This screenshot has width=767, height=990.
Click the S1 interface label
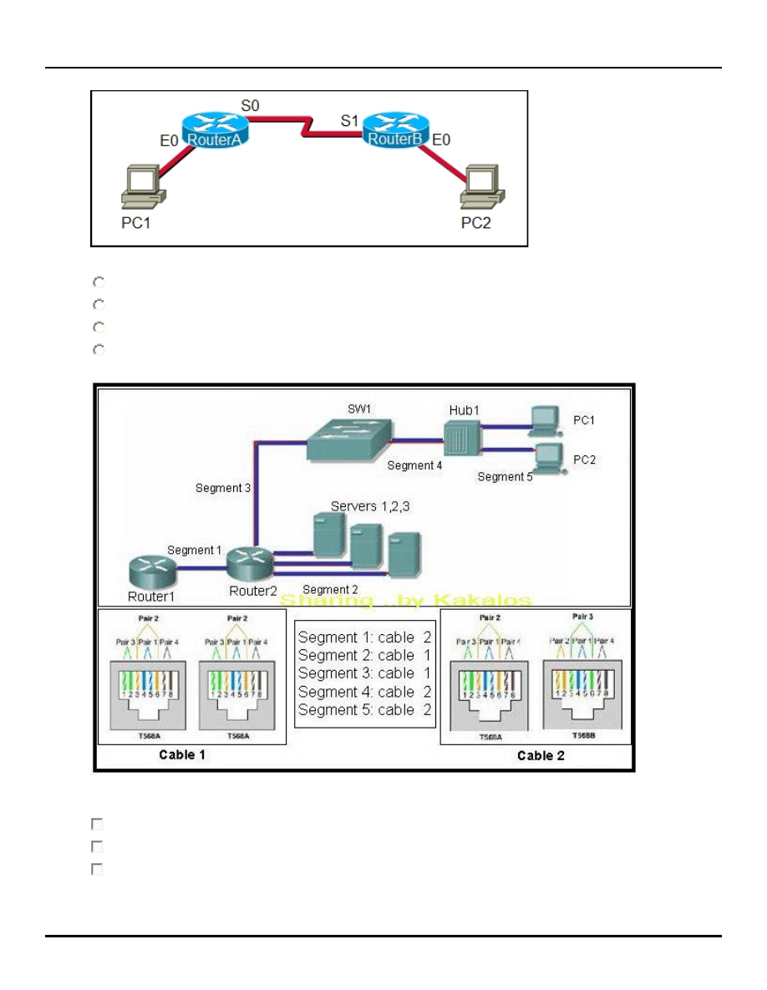pyautogui.click(x=349, y=120)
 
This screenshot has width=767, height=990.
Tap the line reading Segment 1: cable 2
pyautogui.click(x=364, y=637)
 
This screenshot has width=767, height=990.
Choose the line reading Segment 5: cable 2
pyautogui.click(x=364, y=710)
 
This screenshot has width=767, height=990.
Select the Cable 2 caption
pyautogui.click(x=546, y=756)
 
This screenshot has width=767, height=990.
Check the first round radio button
pyautogui.click(x=98, y=283)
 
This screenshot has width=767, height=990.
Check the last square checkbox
pyautogui.click(x=97, y=870)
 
